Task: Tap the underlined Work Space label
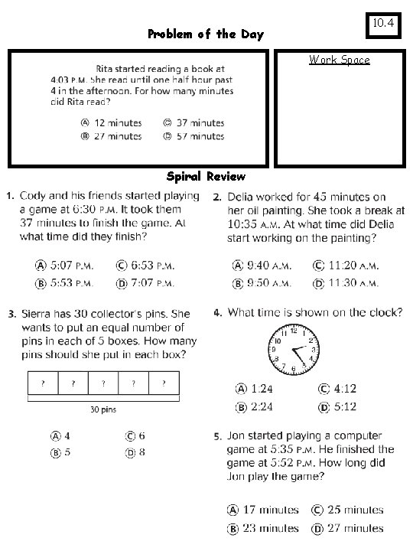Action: coord(339,60)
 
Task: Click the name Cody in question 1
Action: coord(35,197)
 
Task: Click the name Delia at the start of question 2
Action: coord(242,197)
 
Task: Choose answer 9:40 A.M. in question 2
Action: coord(264,266)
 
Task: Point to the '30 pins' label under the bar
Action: coord(103,409)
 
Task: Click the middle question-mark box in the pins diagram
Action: coord(103,383)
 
